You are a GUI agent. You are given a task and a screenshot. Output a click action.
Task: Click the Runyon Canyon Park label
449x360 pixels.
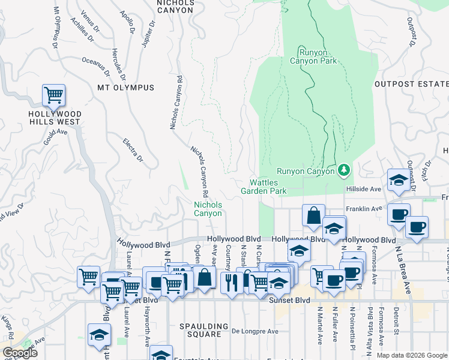[x=313, y=56]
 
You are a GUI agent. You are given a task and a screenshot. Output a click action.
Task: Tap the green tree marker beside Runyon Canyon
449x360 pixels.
[x=344, y=171]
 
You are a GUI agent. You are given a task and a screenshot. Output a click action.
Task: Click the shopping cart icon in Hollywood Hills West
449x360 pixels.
[x=53, y=95]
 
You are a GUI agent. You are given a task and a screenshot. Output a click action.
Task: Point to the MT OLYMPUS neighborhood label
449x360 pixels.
[x=125, y=88]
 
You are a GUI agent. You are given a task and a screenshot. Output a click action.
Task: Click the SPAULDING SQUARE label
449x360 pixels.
[x=204, y=327]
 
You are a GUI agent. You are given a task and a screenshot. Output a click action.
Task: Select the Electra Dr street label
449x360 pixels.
[x=133, y=150]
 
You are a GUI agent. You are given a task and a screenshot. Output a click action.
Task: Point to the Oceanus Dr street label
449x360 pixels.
[x=96, y=62]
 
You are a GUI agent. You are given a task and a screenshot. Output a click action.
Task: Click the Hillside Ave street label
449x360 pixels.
[x=364, y=188]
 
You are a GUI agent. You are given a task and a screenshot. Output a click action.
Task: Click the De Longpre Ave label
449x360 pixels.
[x=255, y=331]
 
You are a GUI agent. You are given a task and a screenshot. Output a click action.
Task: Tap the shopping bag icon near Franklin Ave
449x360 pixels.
[x=313, y=216]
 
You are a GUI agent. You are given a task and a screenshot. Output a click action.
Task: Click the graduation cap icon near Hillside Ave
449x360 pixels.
[x=397, y=181]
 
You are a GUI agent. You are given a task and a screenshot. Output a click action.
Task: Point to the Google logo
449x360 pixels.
[x=19, y=353]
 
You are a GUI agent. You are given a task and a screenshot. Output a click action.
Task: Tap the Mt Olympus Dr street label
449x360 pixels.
[x=56, y=27]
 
